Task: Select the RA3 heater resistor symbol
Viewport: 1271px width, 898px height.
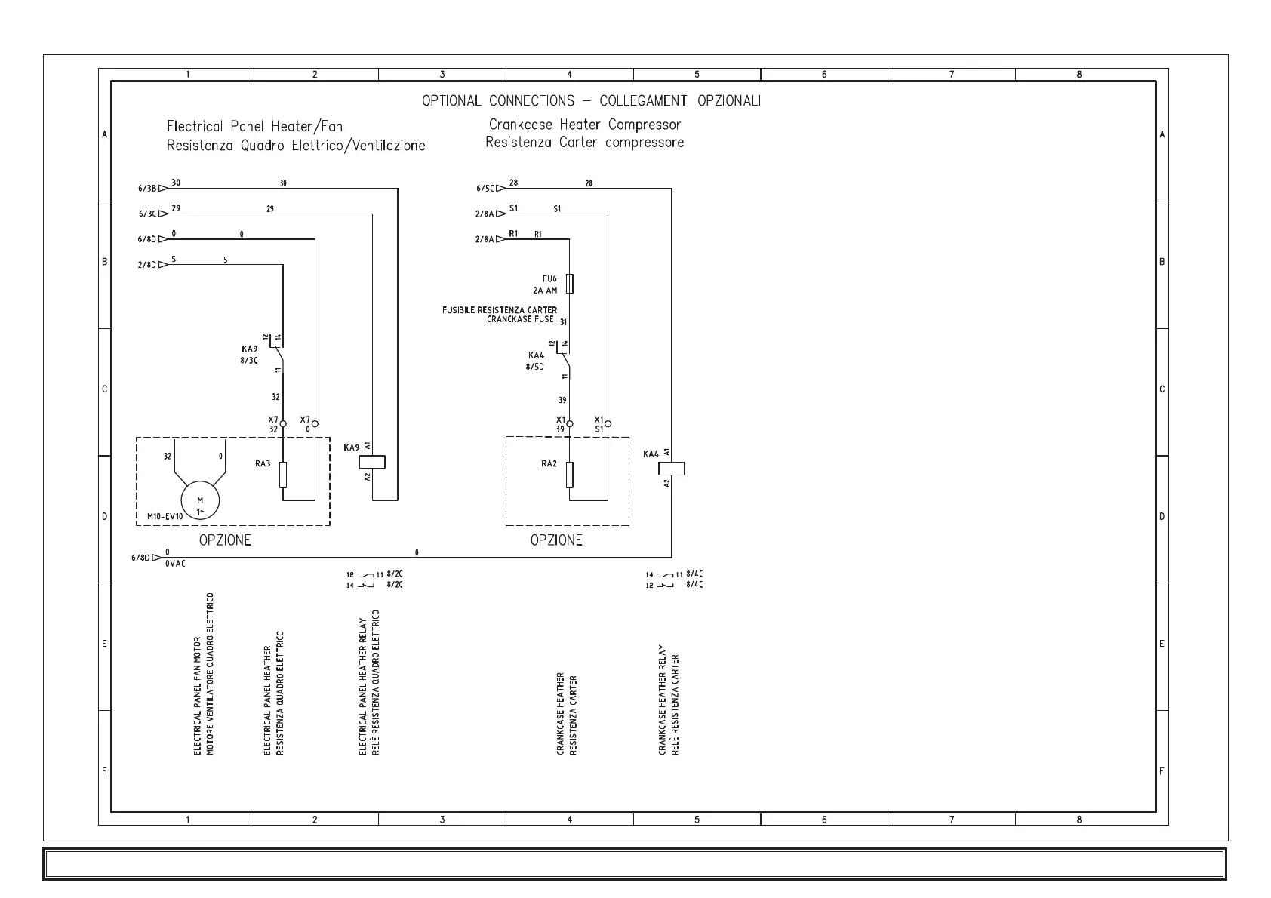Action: tap(283, 475)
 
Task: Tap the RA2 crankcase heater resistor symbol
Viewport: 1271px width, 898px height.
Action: tap(570, 475)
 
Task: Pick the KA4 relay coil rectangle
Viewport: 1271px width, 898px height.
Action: tap(672, 468)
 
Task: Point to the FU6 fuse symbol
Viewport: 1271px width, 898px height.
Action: tap(570, 284)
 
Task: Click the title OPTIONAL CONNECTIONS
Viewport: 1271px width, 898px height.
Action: tap(498, 100)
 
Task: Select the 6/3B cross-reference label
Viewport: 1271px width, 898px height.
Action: tap(146, 189)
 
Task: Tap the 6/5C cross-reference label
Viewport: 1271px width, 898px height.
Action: tap(485, 189)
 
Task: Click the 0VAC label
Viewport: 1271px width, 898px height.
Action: tap(175, 563)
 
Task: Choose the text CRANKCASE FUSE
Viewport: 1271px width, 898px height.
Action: tap(520, 319)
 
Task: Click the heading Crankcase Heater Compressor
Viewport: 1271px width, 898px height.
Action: tap(585, 125)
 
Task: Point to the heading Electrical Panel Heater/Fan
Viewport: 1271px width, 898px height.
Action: tap(254, 126)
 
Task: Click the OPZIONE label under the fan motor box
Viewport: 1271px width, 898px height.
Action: tap(225, 540)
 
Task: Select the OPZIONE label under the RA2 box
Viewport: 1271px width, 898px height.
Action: tap(556, 540)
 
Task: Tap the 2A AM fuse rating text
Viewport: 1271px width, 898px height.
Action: tap(544, 290)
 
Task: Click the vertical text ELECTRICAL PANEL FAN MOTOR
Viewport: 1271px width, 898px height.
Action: tap(198, 696)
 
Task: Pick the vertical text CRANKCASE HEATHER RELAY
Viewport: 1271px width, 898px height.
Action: tap(663, 700)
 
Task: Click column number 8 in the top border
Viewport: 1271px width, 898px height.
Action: tap(1079, 74)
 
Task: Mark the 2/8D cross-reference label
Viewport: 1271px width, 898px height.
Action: tap(146, 265)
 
